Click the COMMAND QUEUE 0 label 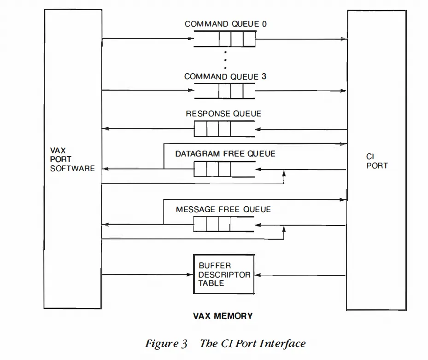(x=225, y=24)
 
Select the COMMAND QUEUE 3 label (x=225, y=77)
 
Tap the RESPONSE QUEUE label (x=223, y=114)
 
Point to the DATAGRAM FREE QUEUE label (x=225, y=154)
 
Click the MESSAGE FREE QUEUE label (x=223, y=209)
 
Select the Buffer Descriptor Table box (x=223, y=274)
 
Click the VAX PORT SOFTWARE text (x=72, y=159)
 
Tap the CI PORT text (x=377, y=161)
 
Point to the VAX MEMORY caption (x=223, y=316)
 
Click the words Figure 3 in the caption (x=166, y=344)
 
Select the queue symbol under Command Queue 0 (x=224, y=39)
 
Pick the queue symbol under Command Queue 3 (x=224, y=91)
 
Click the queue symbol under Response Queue (x=224, y=128)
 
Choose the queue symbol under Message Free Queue (x=224, y=224)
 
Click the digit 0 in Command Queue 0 (x=264, y=24)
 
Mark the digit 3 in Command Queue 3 (x=264, y=77)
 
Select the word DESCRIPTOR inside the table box (x=224, y=275)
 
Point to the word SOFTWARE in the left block (x=72, y=168)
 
